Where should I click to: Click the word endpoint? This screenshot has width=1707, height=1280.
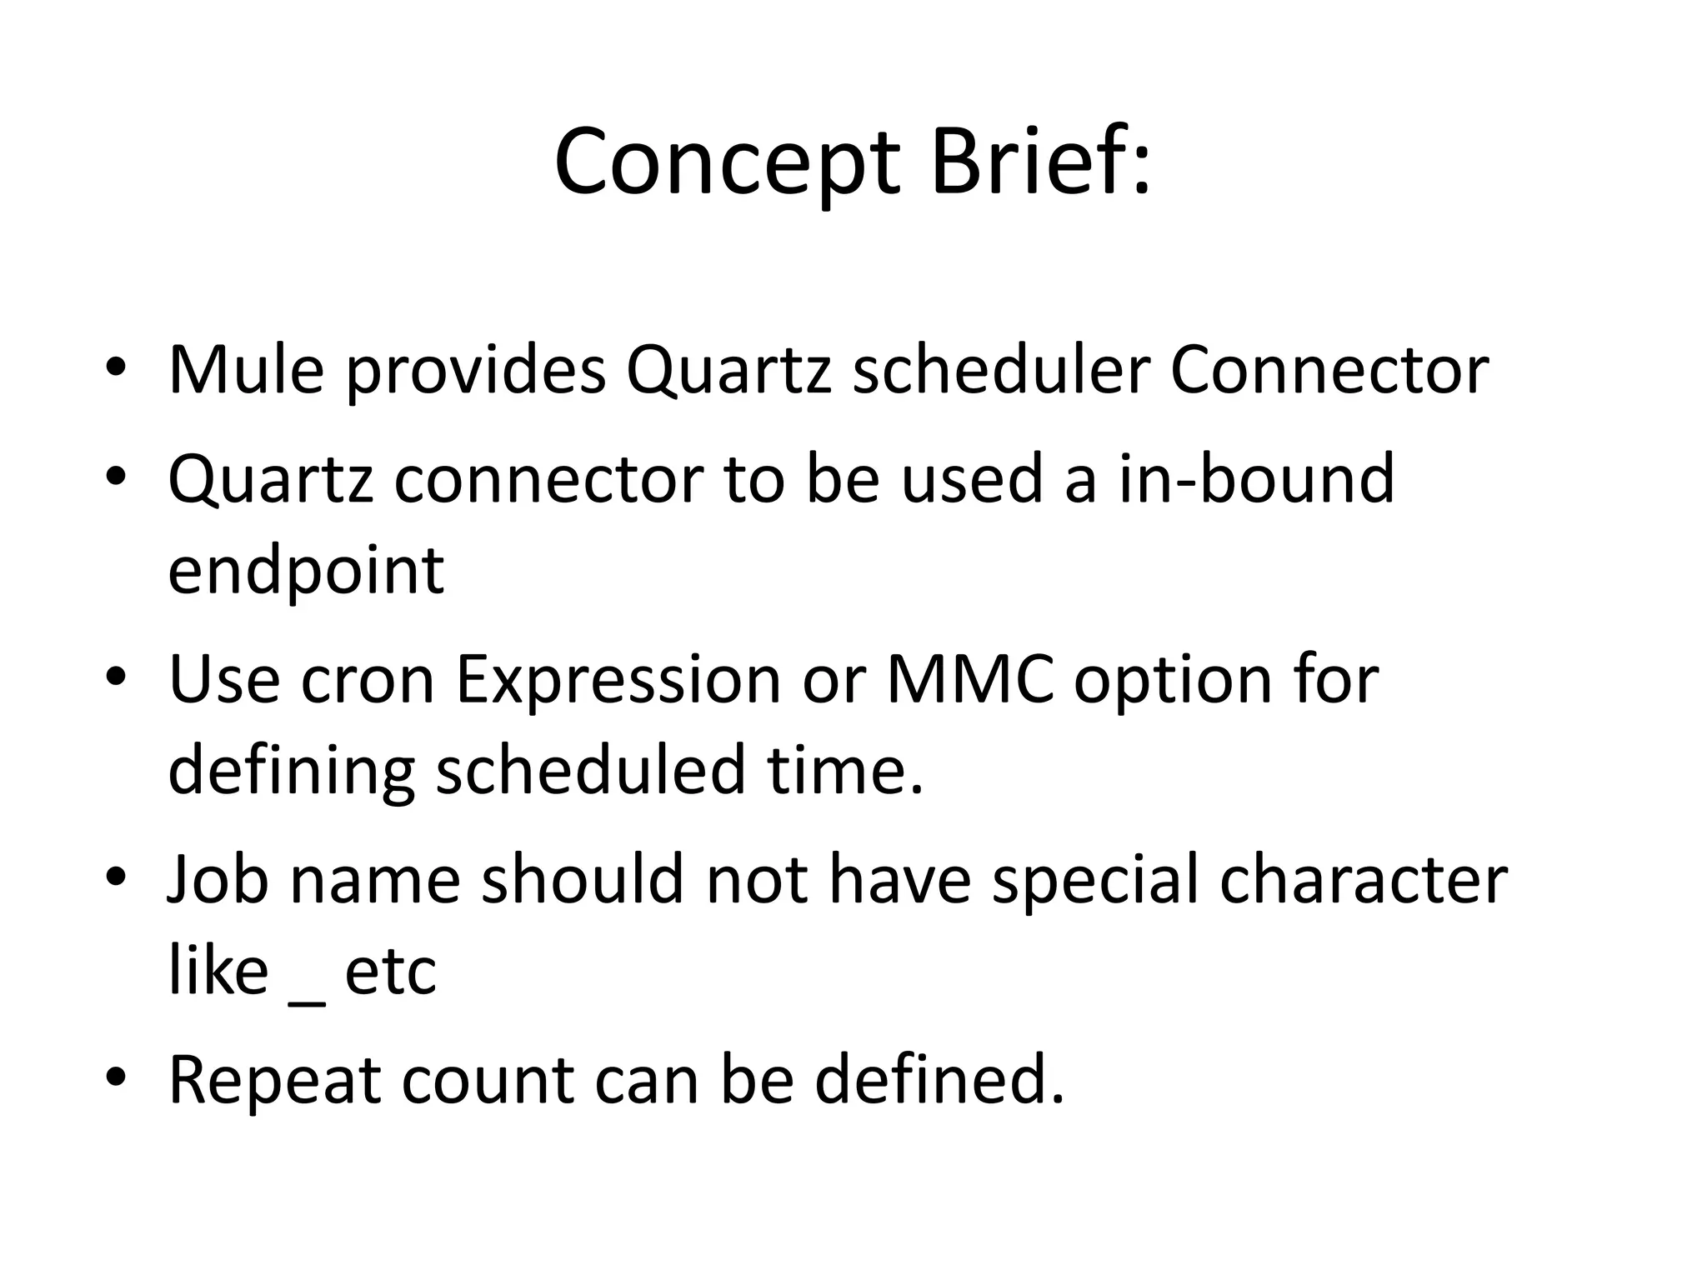point(306,572)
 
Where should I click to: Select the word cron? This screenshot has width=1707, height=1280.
point(368,680)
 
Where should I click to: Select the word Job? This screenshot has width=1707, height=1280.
point(218,879)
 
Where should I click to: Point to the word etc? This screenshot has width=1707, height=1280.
point(390,972)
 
